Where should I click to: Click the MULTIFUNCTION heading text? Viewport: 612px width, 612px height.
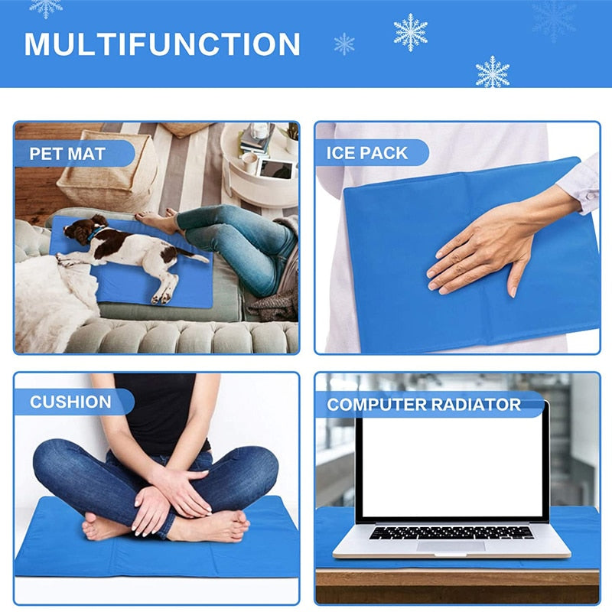pos(162,44)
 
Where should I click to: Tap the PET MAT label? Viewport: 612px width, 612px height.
pos(67,154)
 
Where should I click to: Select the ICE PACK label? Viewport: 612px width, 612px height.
pos(367,153)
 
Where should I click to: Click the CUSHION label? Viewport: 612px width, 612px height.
pos(70,402)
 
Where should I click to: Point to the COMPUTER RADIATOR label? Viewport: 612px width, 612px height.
pos(424,405)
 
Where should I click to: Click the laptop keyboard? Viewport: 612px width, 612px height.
pos(451,532)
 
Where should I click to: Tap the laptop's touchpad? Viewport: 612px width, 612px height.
pos(451,545)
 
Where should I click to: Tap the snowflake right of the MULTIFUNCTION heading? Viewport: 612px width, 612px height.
pos(344,44)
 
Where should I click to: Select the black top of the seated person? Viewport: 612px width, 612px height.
pos(161,413)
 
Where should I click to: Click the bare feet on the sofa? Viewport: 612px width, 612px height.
pos(156,221)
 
